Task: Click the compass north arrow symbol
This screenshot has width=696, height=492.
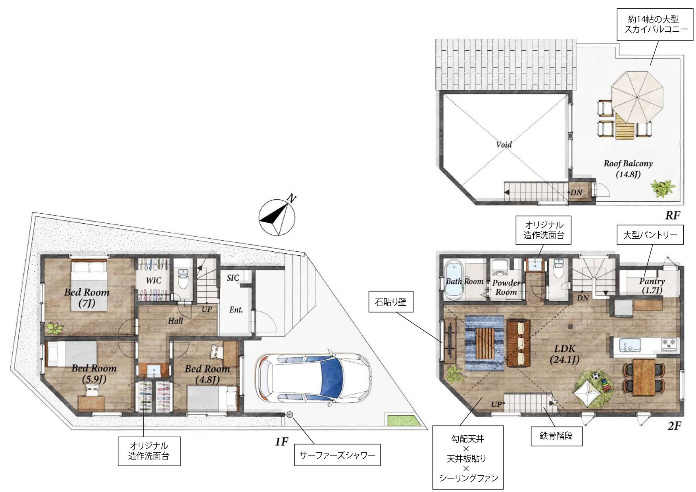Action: (277, 217)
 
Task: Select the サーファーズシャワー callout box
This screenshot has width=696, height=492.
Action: (337, 455)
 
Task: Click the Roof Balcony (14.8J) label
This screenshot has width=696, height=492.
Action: (628, 168)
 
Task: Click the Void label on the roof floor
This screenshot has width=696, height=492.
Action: (504, 145)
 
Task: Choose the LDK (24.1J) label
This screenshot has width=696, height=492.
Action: (565, 354)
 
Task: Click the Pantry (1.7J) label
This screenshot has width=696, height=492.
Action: (652, 285)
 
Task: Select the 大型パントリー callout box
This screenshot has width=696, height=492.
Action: (650, 235)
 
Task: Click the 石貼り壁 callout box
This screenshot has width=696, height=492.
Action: (390, 302)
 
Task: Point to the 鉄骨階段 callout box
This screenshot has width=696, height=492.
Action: (556, 436)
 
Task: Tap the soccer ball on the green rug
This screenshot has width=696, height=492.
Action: (595, 375)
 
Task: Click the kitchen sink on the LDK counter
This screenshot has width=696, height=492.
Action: (627, 345)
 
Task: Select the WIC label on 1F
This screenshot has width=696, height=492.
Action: (154, 281)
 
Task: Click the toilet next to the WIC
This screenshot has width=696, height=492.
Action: (183, 279)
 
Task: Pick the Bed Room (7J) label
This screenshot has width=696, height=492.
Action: (87, 298)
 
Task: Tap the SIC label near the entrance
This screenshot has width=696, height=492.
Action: (233, 278)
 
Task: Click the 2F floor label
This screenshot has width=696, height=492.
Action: (674, 426)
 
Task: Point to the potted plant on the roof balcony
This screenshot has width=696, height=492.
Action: (662, 189)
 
